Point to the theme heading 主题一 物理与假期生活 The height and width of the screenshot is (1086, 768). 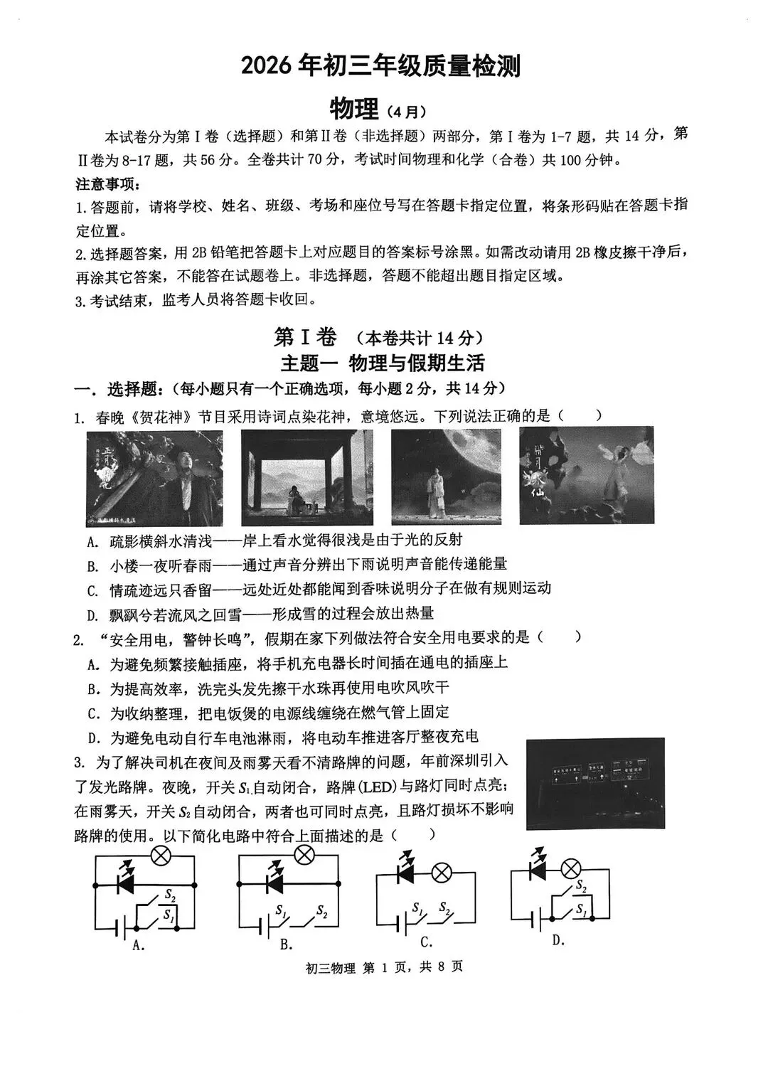(383, 363)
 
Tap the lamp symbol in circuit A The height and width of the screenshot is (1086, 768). (161, 856)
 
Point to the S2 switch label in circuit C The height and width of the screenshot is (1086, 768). (444, 907)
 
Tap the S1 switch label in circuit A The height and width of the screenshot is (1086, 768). (169, 915)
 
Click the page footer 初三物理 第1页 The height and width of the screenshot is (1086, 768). (384, 967)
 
